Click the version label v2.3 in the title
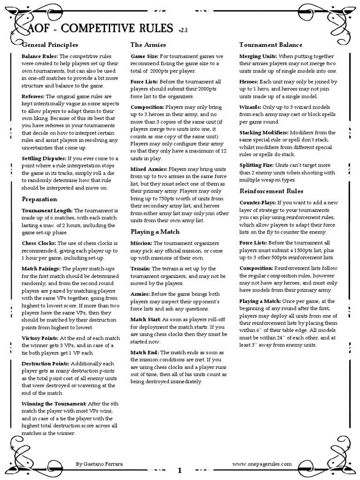tap(183, 31)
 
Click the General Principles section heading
tap(50, 45)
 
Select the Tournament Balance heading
tap(270, 45)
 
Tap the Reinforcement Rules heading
tap(271, 191)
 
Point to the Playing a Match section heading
tap(155, 232)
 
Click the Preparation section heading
tap(39, 199)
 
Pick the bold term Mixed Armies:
tap(149, 168)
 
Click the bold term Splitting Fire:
tap(258, 165)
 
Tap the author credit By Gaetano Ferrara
tap(100, 463)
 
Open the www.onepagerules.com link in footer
tap(262, 463)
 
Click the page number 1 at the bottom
tap(180, 470)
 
